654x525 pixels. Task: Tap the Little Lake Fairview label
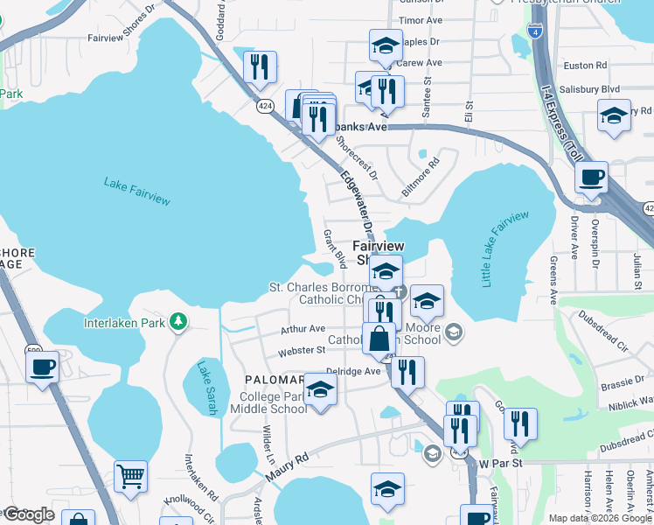505,249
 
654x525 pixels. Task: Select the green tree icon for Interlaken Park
178,322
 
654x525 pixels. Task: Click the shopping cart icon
130,477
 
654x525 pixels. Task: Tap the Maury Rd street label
288,469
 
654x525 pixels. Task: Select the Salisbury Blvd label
592,89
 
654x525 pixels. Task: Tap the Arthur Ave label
303,330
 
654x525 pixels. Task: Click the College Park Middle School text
274,402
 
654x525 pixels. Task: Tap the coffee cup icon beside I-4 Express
592,178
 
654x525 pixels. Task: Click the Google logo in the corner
29,514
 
